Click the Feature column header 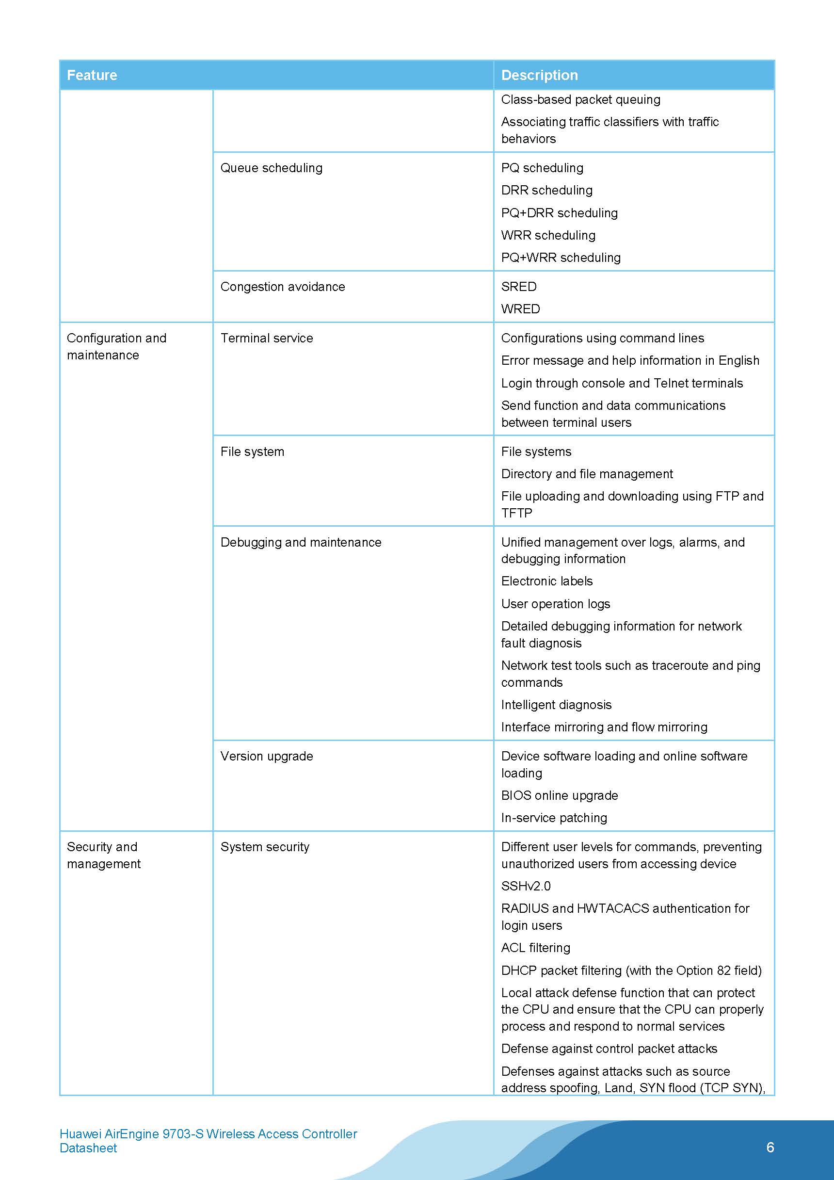(92, 75)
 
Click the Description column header (539, 75)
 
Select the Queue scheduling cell (272, 168)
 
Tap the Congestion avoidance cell (283, 287)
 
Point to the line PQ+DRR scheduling (559, 213)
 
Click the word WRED (520, 309)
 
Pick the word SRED (518, 287)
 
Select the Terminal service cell (267, 338)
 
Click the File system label (252, 452)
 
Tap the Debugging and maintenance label (301, 542)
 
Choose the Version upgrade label (267, 756)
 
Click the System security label (265, 846)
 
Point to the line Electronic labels (547, 581)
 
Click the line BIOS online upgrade (559, 795)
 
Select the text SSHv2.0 (526, 886)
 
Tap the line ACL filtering (535, 948)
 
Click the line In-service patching (554, 818)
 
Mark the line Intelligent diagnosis (556, 705)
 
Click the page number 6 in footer (770, 1147)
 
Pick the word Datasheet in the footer (88, 1148)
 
